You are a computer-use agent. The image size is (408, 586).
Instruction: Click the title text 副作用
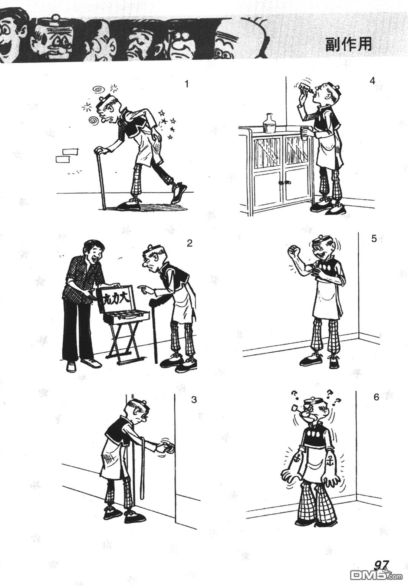pos(348,44)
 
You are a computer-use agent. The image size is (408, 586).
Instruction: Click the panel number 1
pos(187,84)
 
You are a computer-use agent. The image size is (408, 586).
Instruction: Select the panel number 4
pos(372,81)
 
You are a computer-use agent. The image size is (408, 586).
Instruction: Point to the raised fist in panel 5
pos(293,251)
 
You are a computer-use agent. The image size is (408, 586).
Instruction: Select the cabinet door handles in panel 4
pos(285,182)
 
